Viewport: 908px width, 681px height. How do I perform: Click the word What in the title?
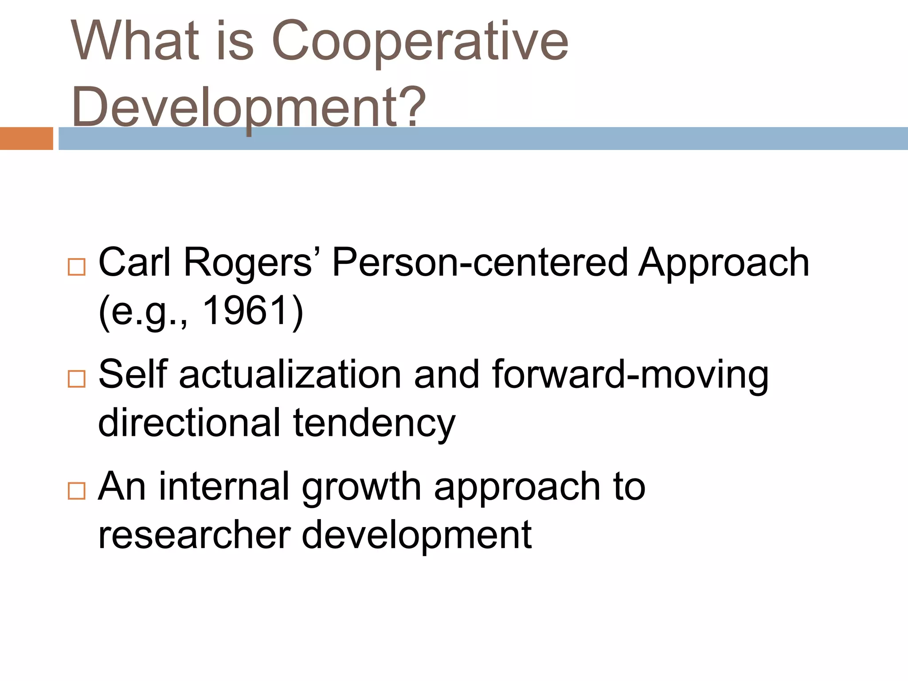tap(135, 41)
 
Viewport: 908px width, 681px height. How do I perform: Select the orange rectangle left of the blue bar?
tap(26, 138)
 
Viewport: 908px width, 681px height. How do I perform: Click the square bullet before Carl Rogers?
tap(77, 267)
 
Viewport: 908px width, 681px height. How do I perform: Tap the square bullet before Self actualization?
tap(77, 379)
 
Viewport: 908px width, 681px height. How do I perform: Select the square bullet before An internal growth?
tap(77, 491)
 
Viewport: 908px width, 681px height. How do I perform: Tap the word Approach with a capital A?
tap(724, 262)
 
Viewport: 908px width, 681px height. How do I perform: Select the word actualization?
tap(290, 375)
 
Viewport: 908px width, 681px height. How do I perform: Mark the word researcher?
tap(194, 535)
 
